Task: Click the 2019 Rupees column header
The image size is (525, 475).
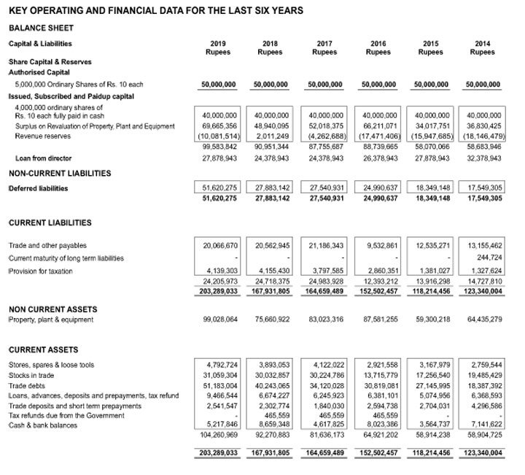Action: [217, 48]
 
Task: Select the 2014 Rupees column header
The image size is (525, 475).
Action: [482, 48]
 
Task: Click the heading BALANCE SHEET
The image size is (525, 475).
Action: [37, 28]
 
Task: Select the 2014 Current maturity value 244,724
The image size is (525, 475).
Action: [488, 258]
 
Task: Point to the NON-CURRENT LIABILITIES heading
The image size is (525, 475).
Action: [59, 173]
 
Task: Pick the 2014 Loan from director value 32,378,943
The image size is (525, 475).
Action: [483, 158]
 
